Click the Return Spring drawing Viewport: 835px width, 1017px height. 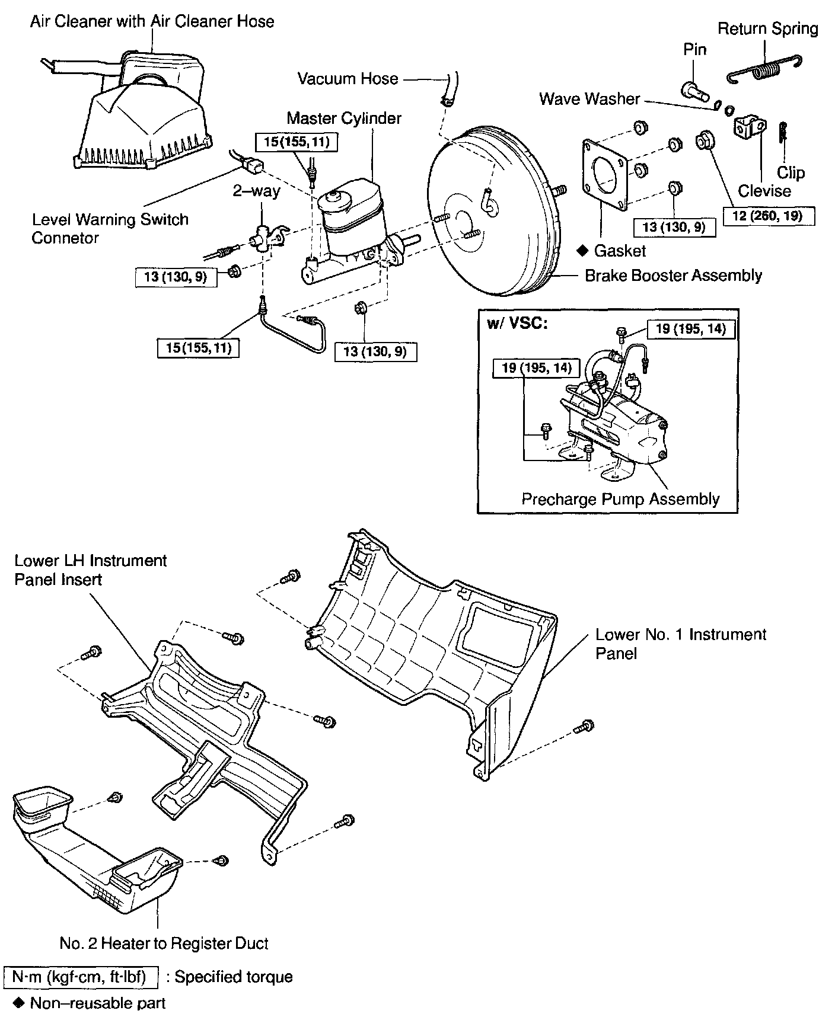tap(764, 70)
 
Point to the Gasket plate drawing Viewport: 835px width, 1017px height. tap(605, 175)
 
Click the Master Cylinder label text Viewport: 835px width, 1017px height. tap(344, 118)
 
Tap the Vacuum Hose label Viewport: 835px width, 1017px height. tap(348, 79)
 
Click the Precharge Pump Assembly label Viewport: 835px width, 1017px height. tap(620, 499)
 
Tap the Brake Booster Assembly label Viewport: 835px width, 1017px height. tap(673, 276)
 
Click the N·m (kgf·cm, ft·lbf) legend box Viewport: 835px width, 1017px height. tap(81, 977)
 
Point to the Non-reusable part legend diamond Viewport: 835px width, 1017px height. tap(19, 1003)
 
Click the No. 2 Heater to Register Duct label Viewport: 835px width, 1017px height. tap(164, 944)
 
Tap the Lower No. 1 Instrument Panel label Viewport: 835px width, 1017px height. tap(680, 644)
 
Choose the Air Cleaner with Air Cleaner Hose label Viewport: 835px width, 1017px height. tap(152, 22)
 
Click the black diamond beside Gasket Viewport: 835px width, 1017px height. tap(582, 251)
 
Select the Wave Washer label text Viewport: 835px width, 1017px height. tap(589, 99)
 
